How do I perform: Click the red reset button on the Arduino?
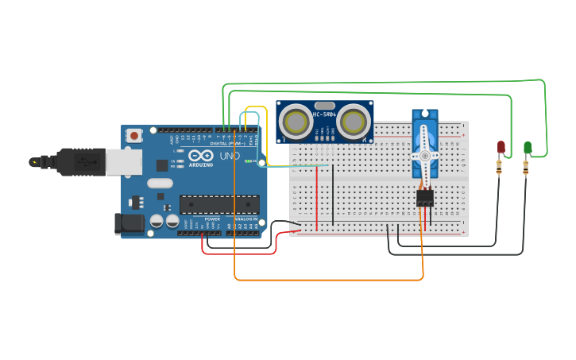(134, 135)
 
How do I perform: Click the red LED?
(501, 147)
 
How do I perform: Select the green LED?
(528, 147)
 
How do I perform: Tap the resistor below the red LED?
(499, 167)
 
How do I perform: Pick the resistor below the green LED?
(525, 167)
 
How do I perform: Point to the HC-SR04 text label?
(324, 114)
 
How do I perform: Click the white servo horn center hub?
(424, 156)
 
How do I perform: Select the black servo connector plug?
(425, 198)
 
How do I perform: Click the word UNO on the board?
(229, 157)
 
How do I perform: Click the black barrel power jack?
(130, 223)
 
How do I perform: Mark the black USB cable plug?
(83, 161)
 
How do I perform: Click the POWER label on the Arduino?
(212, 219)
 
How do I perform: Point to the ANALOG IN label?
(245, 219)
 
